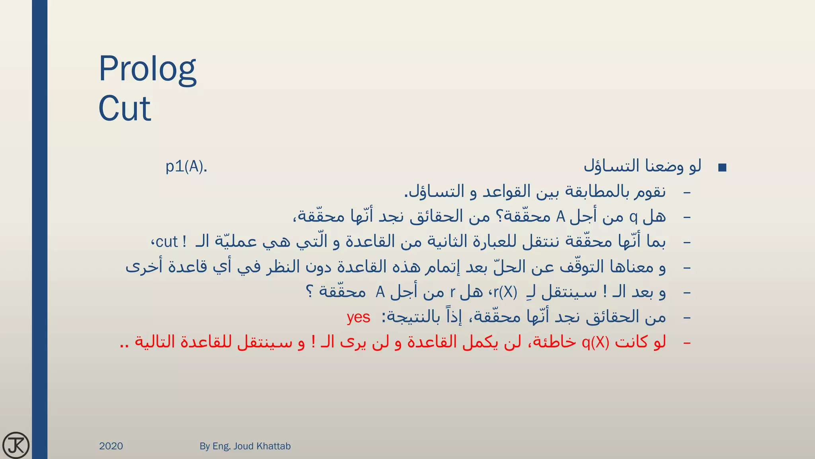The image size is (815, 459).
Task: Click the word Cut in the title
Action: tap(125, 108)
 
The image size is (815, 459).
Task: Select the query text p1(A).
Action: tap(186, 167)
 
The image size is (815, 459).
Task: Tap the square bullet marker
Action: tap(722, 168)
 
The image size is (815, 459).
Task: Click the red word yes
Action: tap(358, 317)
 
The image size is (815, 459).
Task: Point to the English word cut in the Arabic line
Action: tap(167, 242)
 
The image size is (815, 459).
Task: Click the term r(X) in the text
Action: tap(505, 292)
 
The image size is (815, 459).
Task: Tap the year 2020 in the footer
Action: tap(111, 446)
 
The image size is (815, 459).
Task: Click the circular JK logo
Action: tap(16, 445)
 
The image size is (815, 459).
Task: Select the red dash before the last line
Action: tap(686, 343)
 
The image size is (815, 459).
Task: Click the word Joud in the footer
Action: tap(243, 446)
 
